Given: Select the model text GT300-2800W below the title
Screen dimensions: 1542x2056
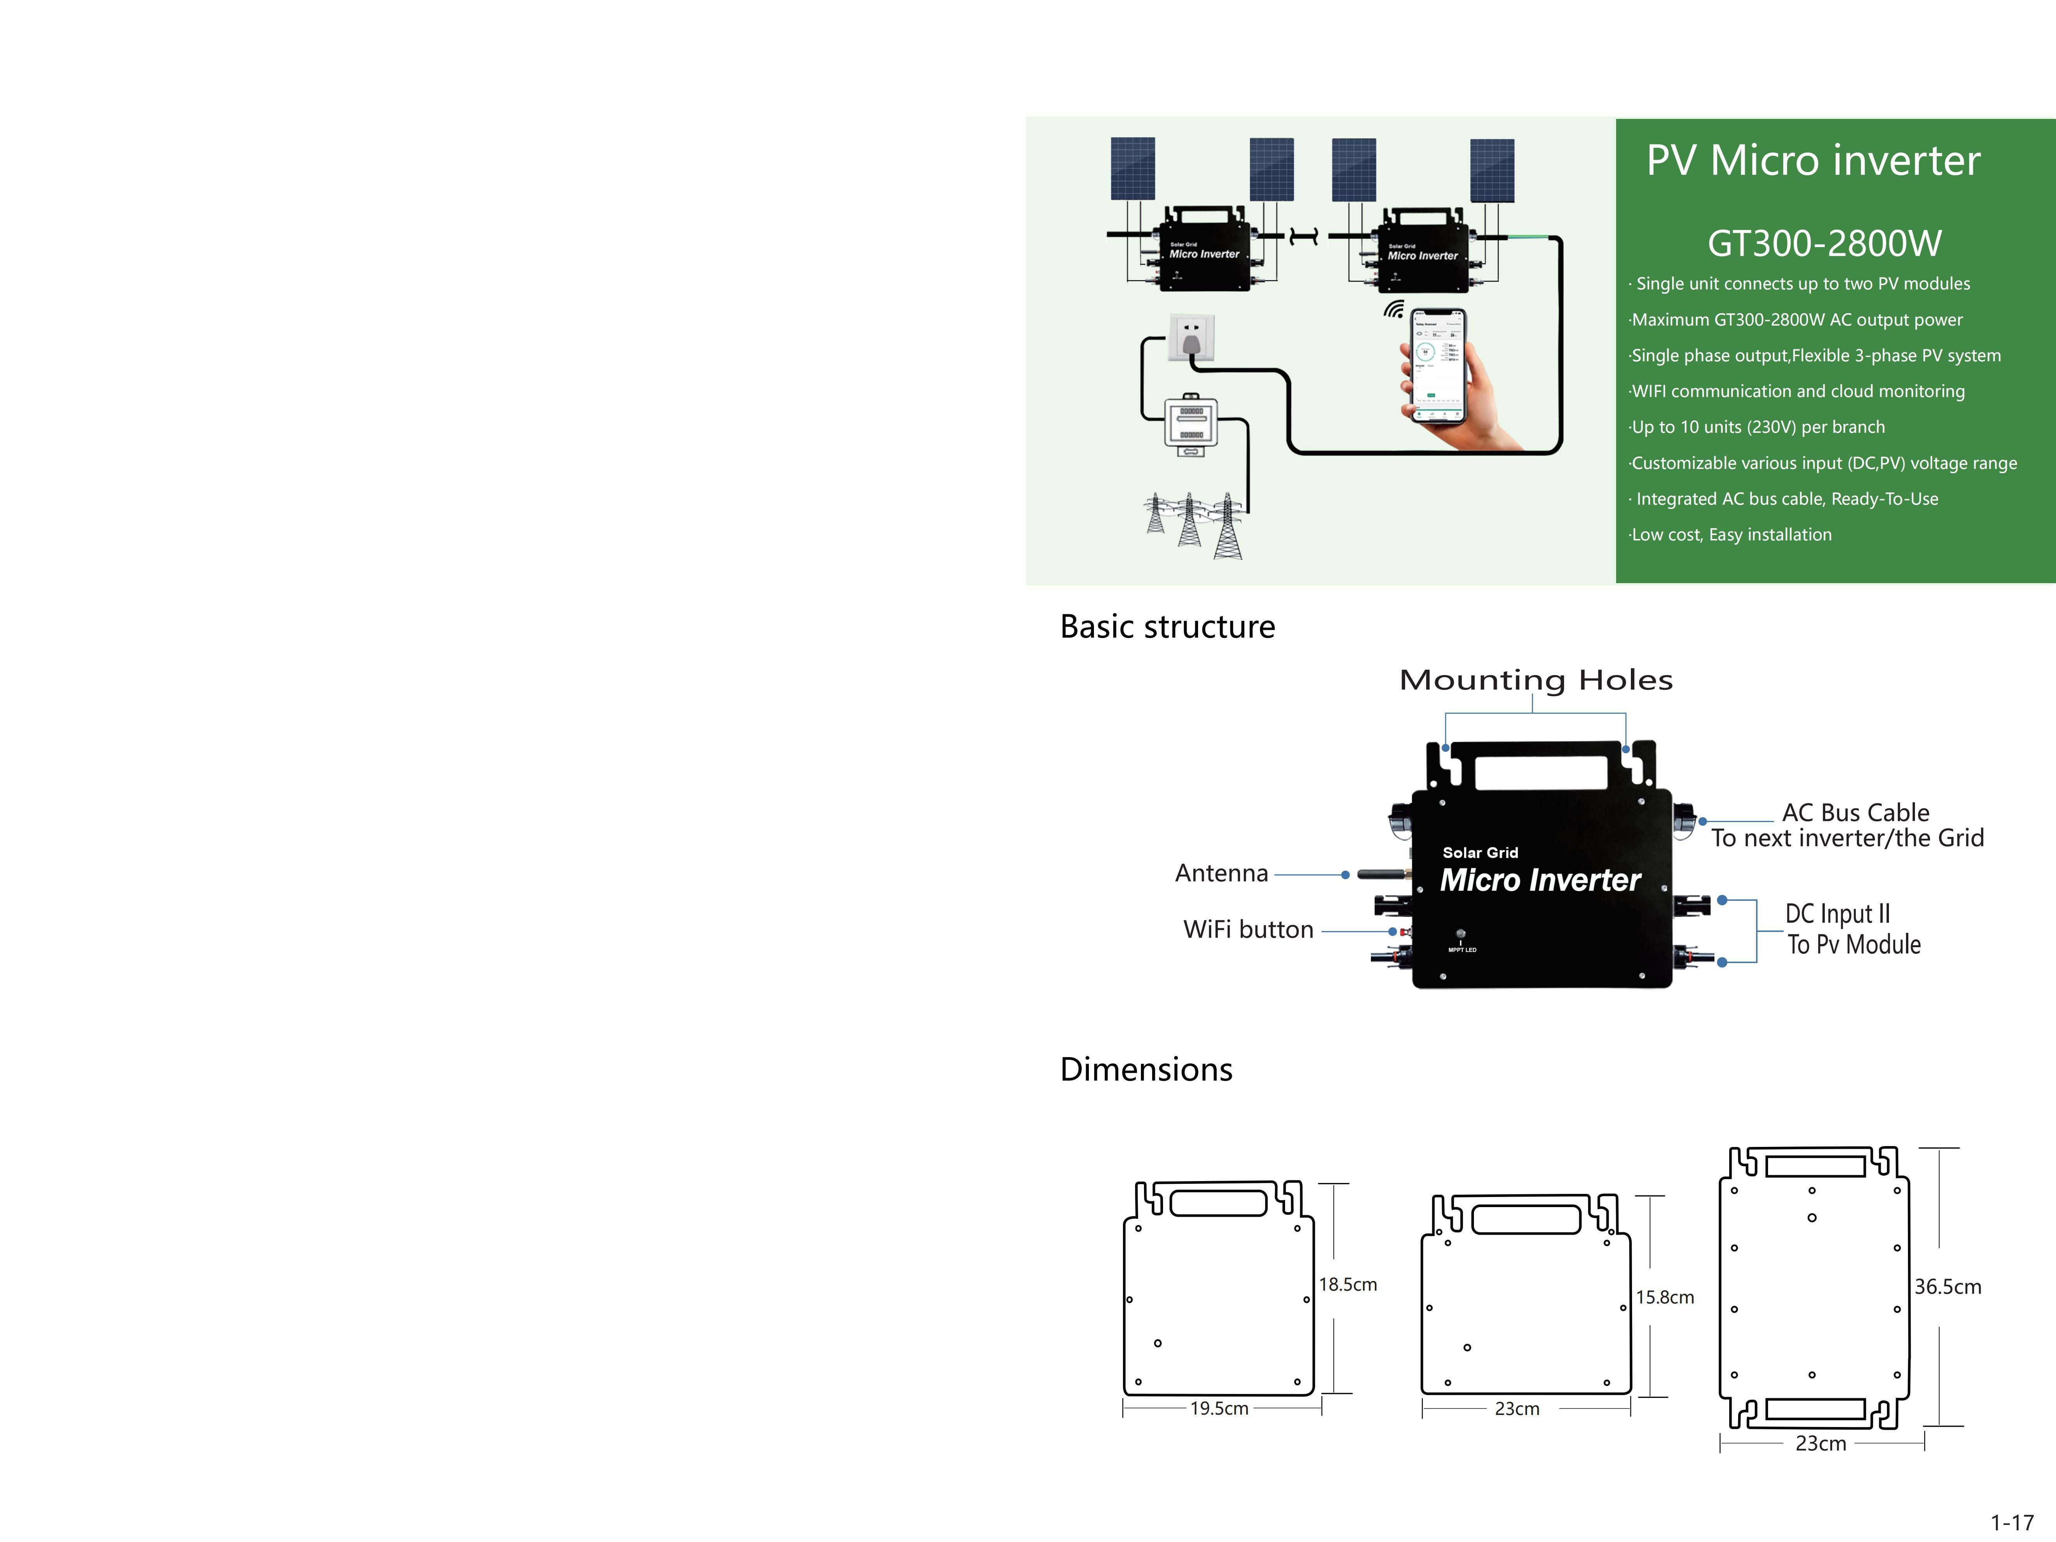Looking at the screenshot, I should point(1824,244).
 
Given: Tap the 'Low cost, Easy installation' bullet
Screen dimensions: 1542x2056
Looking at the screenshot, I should point(1731,535).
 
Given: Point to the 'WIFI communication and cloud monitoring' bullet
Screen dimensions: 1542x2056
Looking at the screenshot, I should point(1798,391).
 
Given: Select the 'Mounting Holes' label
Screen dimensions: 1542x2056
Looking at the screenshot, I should point(1536,680).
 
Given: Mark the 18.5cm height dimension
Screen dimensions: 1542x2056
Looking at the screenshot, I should point(1348,1284).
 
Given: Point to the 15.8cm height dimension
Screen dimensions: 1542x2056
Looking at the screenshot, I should point(1665,1298).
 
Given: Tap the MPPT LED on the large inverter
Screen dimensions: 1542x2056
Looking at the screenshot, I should point(1461,934).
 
